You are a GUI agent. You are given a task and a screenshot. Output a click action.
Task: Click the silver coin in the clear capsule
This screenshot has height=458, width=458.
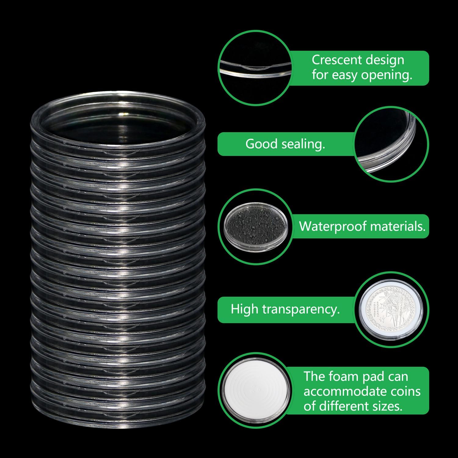click(391, 310)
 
